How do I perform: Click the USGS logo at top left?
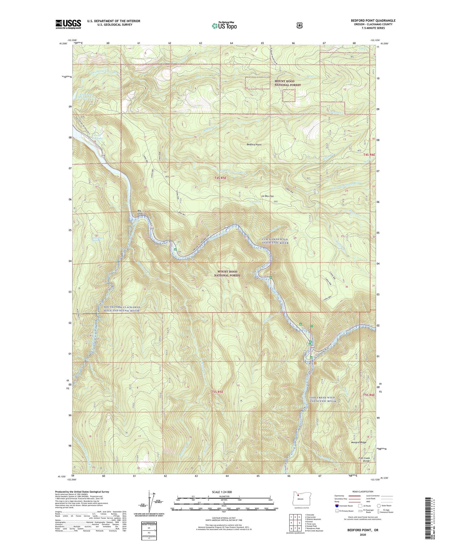[x=68, y=24]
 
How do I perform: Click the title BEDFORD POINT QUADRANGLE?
[x=373, y=21]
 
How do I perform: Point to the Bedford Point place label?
[x=254, y=145]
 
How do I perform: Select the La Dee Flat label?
[x=267, y=196]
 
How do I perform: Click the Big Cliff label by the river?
[x=141, y=212]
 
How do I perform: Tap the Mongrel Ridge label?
[x=358, y=442]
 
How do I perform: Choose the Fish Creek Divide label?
[x=364, y=460]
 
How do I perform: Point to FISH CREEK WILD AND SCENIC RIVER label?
[x=322, y=399]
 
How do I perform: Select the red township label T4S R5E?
[x=220, y=178]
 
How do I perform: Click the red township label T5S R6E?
[x=369, y=395]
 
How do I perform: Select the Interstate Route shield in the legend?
[x=336, y=506]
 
